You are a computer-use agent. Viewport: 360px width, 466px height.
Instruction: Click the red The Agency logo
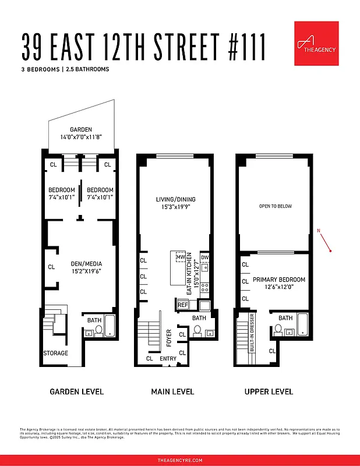(x=316, y=43)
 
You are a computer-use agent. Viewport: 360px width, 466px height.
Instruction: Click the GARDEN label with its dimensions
(x=81, y=133)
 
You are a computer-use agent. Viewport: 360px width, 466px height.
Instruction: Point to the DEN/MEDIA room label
(x=82, y=266)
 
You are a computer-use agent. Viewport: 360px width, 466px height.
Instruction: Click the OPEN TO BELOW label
(x=275, y=206)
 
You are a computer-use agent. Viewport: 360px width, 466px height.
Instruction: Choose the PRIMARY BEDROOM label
(x=278, y=283)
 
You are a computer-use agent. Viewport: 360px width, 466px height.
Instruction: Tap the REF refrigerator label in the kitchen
(x=182, y=305)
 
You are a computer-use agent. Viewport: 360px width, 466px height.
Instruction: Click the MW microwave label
(x=181, y=257)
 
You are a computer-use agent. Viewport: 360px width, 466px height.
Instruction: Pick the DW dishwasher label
(x=204, y=257)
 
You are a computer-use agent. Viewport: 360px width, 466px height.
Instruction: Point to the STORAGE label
(x=55, y=353)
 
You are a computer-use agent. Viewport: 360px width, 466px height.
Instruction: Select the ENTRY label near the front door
(x=168, y=358)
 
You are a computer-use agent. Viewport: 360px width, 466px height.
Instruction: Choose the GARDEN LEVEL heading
(x=76, y=391)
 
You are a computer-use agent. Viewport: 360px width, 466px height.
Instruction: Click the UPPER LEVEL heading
(x=269, y=391)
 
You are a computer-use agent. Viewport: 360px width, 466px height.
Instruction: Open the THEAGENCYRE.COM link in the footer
(x=180, y=460)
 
